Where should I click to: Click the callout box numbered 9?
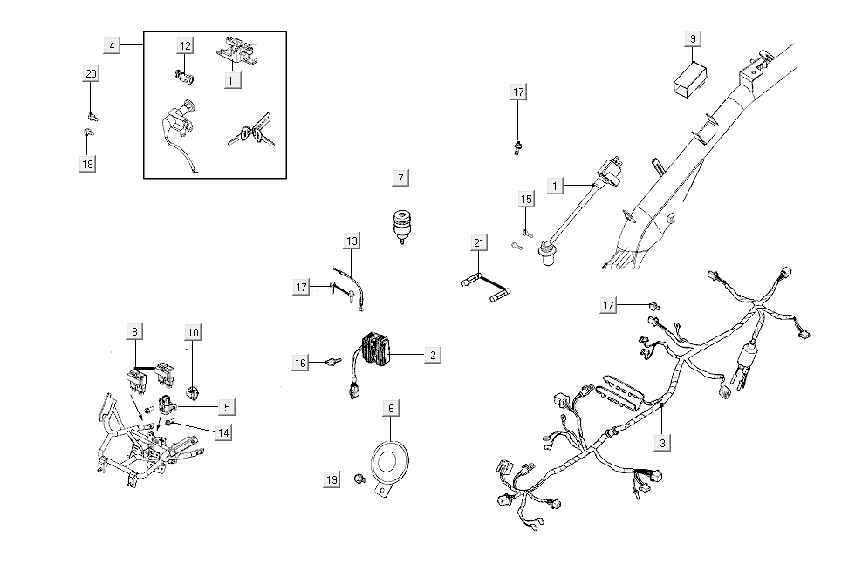click(x=693, y=38)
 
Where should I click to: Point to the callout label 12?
click(x=186, y=45)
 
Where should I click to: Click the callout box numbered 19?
click(x=332, y=480)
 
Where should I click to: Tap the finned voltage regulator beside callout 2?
click(x=376, y=350)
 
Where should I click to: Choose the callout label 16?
click(x=301, y=362)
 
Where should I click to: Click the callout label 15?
click(x=526, y=200)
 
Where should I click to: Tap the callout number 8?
click(x=134, y=331)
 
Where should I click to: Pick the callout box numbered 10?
click(x=193, y=332)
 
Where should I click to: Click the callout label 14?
click(x=224, y=431)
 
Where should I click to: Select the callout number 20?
click(x=91, y=74)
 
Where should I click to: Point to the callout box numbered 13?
click(x=351, y=241)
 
